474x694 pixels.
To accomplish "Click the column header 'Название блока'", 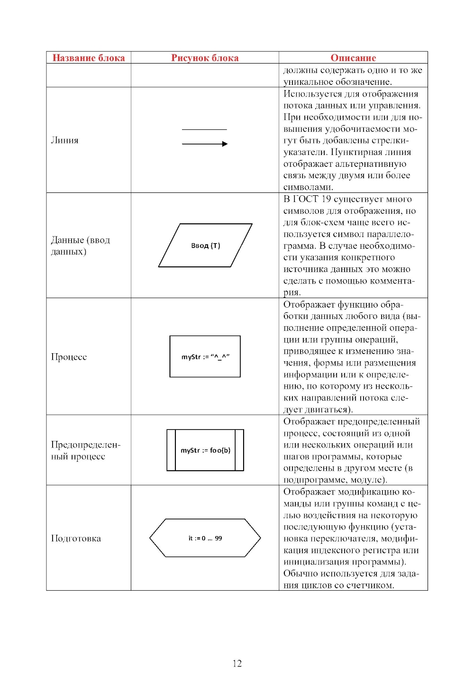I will pyautogui.click(x=88, y=58).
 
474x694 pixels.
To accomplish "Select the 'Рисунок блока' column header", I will pyautogui.click(x=205, y=58).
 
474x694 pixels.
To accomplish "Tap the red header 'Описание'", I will pyautogui.click(x=353, y=58).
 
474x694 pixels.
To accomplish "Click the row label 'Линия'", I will pyautogui.click(x=65, y=140).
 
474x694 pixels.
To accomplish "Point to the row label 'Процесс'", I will pyautogui.click(x=69, y=357).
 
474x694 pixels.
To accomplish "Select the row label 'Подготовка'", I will pyautogui.click(x=76, y=539).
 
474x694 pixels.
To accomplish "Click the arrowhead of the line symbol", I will pyautogui.click(x=225, y=144).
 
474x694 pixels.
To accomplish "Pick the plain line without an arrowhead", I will pyautogui.click(x=204, y=129).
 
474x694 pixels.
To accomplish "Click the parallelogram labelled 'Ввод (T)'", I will pyautogui.click(x=205, y=246).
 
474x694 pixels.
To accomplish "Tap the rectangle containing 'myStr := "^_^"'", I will pyautogui.click(x=205, y=356).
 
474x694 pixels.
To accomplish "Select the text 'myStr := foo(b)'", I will pyautogui.click(x=205, y=450).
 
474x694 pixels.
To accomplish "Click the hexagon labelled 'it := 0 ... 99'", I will pyautogui.click(x=205, y=538).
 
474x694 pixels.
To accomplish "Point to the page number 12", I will pyautogui.click(x=237, y=663).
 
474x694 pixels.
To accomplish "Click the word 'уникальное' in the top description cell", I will pyautogui.click(x=308, y=82).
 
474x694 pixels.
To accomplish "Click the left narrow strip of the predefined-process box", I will pyautogui.click(x=171, y=450).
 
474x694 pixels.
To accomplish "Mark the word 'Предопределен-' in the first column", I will pyautogui.click(x=86, y=445).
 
